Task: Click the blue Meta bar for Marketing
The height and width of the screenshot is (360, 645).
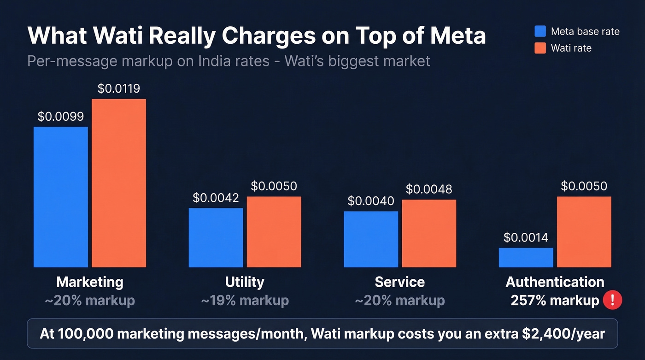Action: tap(61, 197)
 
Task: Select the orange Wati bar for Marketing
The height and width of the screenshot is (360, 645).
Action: tap(119, 183)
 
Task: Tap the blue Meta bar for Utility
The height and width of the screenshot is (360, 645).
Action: tap(216, 237)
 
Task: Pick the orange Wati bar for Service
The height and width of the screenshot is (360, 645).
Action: tap(429, 233)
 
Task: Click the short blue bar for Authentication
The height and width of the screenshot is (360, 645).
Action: tap(526, 258)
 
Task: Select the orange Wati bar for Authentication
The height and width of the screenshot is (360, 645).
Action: tap(584, 232)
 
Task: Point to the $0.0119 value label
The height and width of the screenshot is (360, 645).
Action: tap(119, 89)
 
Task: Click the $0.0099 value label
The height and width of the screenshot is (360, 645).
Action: tap(61, 117)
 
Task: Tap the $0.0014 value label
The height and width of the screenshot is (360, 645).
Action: tap(526, 237)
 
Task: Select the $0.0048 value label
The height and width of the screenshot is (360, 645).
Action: tap(429, 189)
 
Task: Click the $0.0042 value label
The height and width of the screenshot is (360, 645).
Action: tap(216, 198)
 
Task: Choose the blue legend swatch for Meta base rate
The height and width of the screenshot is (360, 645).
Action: tap(540, 31)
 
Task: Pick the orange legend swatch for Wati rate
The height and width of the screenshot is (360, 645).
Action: tap(540, 48)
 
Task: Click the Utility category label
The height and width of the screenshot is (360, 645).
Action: tap(245, 282)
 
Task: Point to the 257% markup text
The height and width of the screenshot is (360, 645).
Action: tap(555, 301)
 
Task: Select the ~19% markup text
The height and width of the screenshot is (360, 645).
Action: tap(245, 301)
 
